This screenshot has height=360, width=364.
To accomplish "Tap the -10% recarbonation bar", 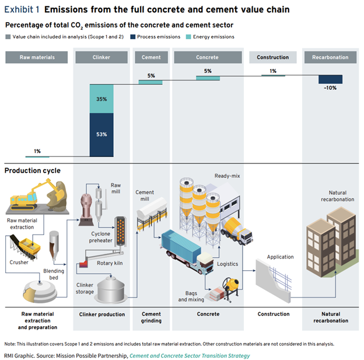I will tap(330, 79).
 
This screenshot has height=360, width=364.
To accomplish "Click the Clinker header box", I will tap(101, 58).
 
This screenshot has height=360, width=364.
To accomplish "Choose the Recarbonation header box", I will tap(330, 58).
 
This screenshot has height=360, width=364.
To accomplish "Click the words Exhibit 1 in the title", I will tap(22, 10).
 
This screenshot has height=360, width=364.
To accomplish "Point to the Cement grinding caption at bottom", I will tap(152, 317).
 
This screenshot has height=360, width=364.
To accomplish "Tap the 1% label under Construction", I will tap(273, 71).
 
